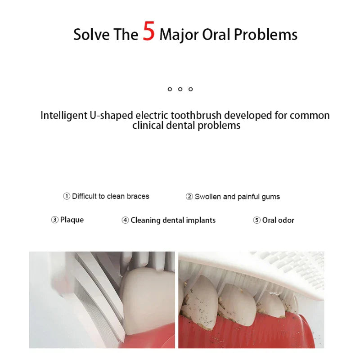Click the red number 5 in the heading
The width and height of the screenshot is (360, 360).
click(148, 31)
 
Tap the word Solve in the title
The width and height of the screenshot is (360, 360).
click(91, 35)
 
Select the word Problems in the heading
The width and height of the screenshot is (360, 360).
click(265, 35)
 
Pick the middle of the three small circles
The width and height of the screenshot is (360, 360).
click(180, 89)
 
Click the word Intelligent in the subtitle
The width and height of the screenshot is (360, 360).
click(64, 116)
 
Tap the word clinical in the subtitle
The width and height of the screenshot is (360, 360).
click(148, 126)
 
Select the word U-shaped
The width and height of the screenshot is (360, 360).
click(111, 116)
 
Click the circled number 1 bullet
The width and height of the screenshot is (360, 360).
click(66, 196)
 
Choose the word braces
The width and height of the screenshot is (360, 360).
click(138, 196)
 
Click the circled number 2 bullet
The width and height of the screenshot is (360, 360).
click(189, 197)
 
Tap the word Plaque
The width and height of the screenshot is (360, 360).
click(72, 220)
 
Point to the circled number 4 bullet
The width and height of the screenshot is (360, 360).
click(125, 220)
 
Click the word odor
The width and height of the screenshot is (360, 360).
click(286, 220)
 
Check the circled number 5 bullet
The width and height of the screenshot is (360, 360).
click(256, 220)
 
